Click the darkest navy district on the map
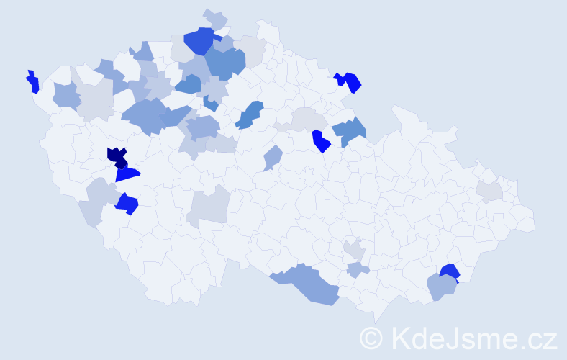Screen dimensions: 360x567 [x=117, y=156]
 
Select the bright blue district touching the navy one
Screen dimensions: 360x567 [x=127, y=174]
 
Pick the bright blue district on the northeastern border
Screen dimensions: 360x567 [x=350, y=81]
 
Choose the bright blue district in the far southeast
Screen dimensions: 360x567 [x=450, y=271]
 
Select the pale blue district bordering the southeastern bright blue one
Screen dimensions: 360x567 [x=441, y=287]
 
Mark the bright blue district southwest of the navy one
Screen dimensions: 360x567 [x=127, y=204]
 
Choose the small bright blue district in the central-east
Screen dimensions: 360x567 [x=320, y=141]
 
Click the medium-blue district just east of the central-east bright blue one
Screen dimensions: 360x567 [x=350, y=132]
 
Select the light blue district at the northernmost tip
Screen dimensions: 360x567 [x=215, y=18]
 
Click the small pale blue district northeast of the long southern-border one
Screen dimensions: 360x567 [x=358, y=270]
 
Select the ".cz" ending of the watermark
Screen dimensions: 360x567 [x=540, y=338]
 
